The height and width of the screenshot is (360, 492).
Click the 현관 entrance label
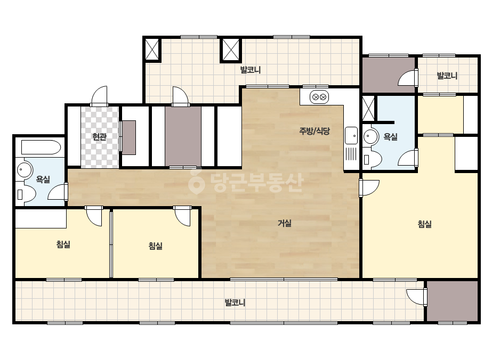point(100,137)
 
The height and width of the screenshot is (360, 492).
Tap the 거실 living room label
point(285,223)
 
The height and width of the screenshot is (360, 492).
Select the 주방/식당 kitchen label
point(314,131)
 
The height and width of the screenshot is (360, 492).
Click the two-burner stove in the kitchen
point(319,97)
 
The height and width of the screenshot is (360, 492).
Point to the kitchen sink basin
point(351,135)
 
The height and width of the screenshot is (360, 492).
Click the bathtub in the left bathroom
point(41,148)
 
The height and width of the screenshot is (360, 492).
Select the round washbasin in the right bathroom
point(371,136)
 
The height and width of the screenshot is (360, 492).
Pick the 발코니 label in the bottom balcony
point(235,302)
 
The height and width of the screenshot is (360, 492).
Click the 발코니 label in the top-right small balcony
point(447,76)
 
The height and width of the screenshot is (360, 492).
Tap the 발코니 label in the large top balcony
point(251,70)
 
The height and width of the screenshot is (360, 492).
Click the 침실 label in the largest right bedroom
point(424,224)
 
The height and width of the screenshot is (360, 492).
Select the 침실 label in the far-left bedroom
point(63,244)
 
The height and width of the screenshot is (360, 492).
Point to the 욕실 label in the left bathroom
point(43,179)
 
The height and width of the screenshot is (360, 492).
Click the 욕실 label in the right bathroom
point(390,137)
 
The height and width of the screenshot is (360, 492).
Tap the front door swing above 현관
point(99,96)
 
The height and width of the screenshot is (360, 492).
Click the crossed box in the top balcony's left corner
point(152,49)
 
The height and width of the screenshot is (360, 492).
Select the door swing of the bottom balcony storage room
point(417,297)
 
